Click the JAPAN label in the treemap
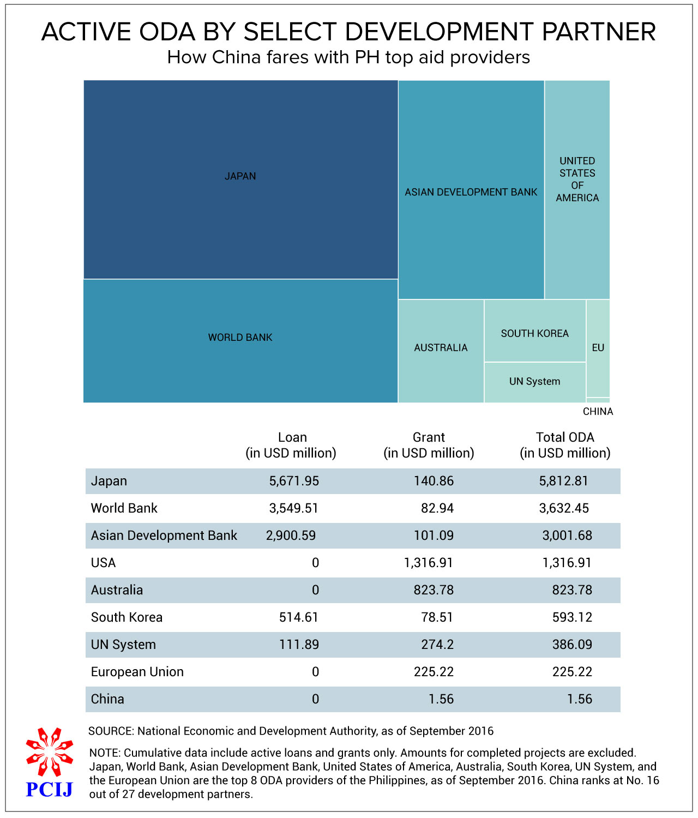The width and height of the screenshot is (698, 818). [240, 176]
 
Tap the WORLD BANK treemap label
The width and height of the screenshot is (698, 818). [240, 337]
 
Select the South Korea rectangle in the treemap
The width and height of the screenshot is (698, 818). [535, 331]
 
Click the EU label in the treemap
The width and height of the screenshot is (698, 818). [598, 347]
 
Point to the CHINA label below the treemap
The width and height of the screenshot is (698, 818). [598, 412]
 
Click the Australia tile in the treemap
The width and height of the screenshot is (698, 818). [441, 351]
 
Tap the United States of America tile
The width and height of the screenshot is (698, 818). [577, 190]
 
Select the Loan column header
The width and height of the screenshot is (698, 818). [291, 445]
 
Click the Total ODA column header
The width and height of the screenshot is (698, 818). [565, 445]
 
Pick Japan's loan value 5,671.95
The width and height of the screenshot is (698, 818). [294, 481]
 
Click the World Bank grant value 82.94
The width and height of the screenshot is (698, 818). [437, 508]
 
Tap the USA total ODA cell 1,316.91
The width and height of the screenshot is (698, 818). [567, 563]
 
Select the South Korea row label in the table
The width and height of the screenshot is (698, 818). [127, 617]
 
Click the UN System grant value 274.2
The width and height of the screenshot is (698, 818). [437, 645]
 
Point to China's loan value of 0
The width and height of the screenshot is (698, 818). [315, 699]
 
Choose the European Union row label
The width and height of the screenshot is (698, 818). [137, 672]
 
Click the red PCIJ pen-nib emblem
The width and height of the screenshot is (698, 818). [50, 751]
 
